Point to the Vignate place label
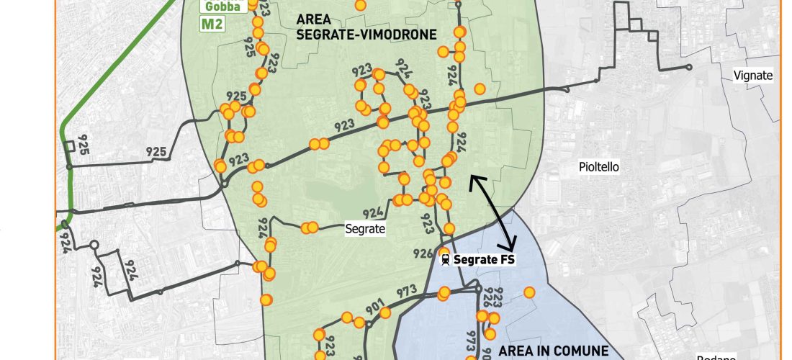click(x=752, y=75)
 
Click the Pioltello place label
click(x=599, y=167)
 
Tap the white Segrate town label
click(x=366, y=229)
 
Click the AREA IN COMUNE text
click(x=554, y=351)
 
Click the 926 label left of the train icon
click(x=423, y=253)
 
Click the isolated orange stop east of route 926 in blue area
click(x=529, y=292)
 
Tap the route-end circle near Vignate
click(x=689, y=67)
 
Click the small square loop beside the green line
click(x=70, y=146)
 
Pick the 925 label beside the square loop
click(x=84, y=137)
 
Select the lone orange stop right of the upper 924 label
click(x=479, y=89)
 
